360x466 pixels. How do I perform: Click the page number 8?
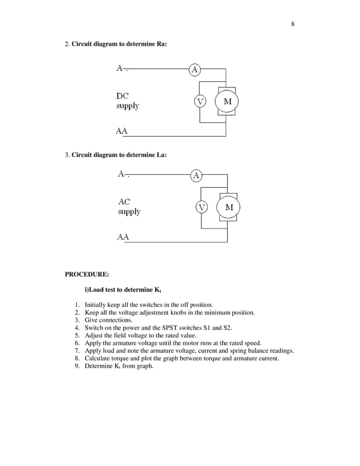coord(293,24)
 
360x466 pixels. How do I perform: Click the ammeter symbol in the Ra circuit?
coord(195,69)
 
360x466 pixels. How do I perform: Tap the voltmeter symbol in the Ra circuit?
coord(200,101)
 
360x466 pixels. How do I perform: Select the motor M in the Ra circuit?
coord(227,102)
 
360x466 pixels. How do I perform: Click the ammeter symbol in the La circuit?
coord(196,175)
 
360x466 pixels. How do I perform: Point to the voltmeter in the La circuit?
coord(201,207)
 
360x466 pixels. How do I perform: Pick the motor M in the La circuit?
coord(229,208)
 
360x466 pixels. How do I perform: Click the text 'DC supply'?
coord(128,101)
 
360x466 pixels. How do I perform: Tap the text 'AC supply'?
coord(129,206)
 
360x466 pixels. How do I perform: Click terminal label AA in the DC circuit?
coord(121,131)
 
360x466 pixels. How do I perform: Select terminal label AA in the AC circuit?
coord(123,237)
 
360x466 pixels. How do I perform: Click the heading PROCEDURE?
coord(87,275)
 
